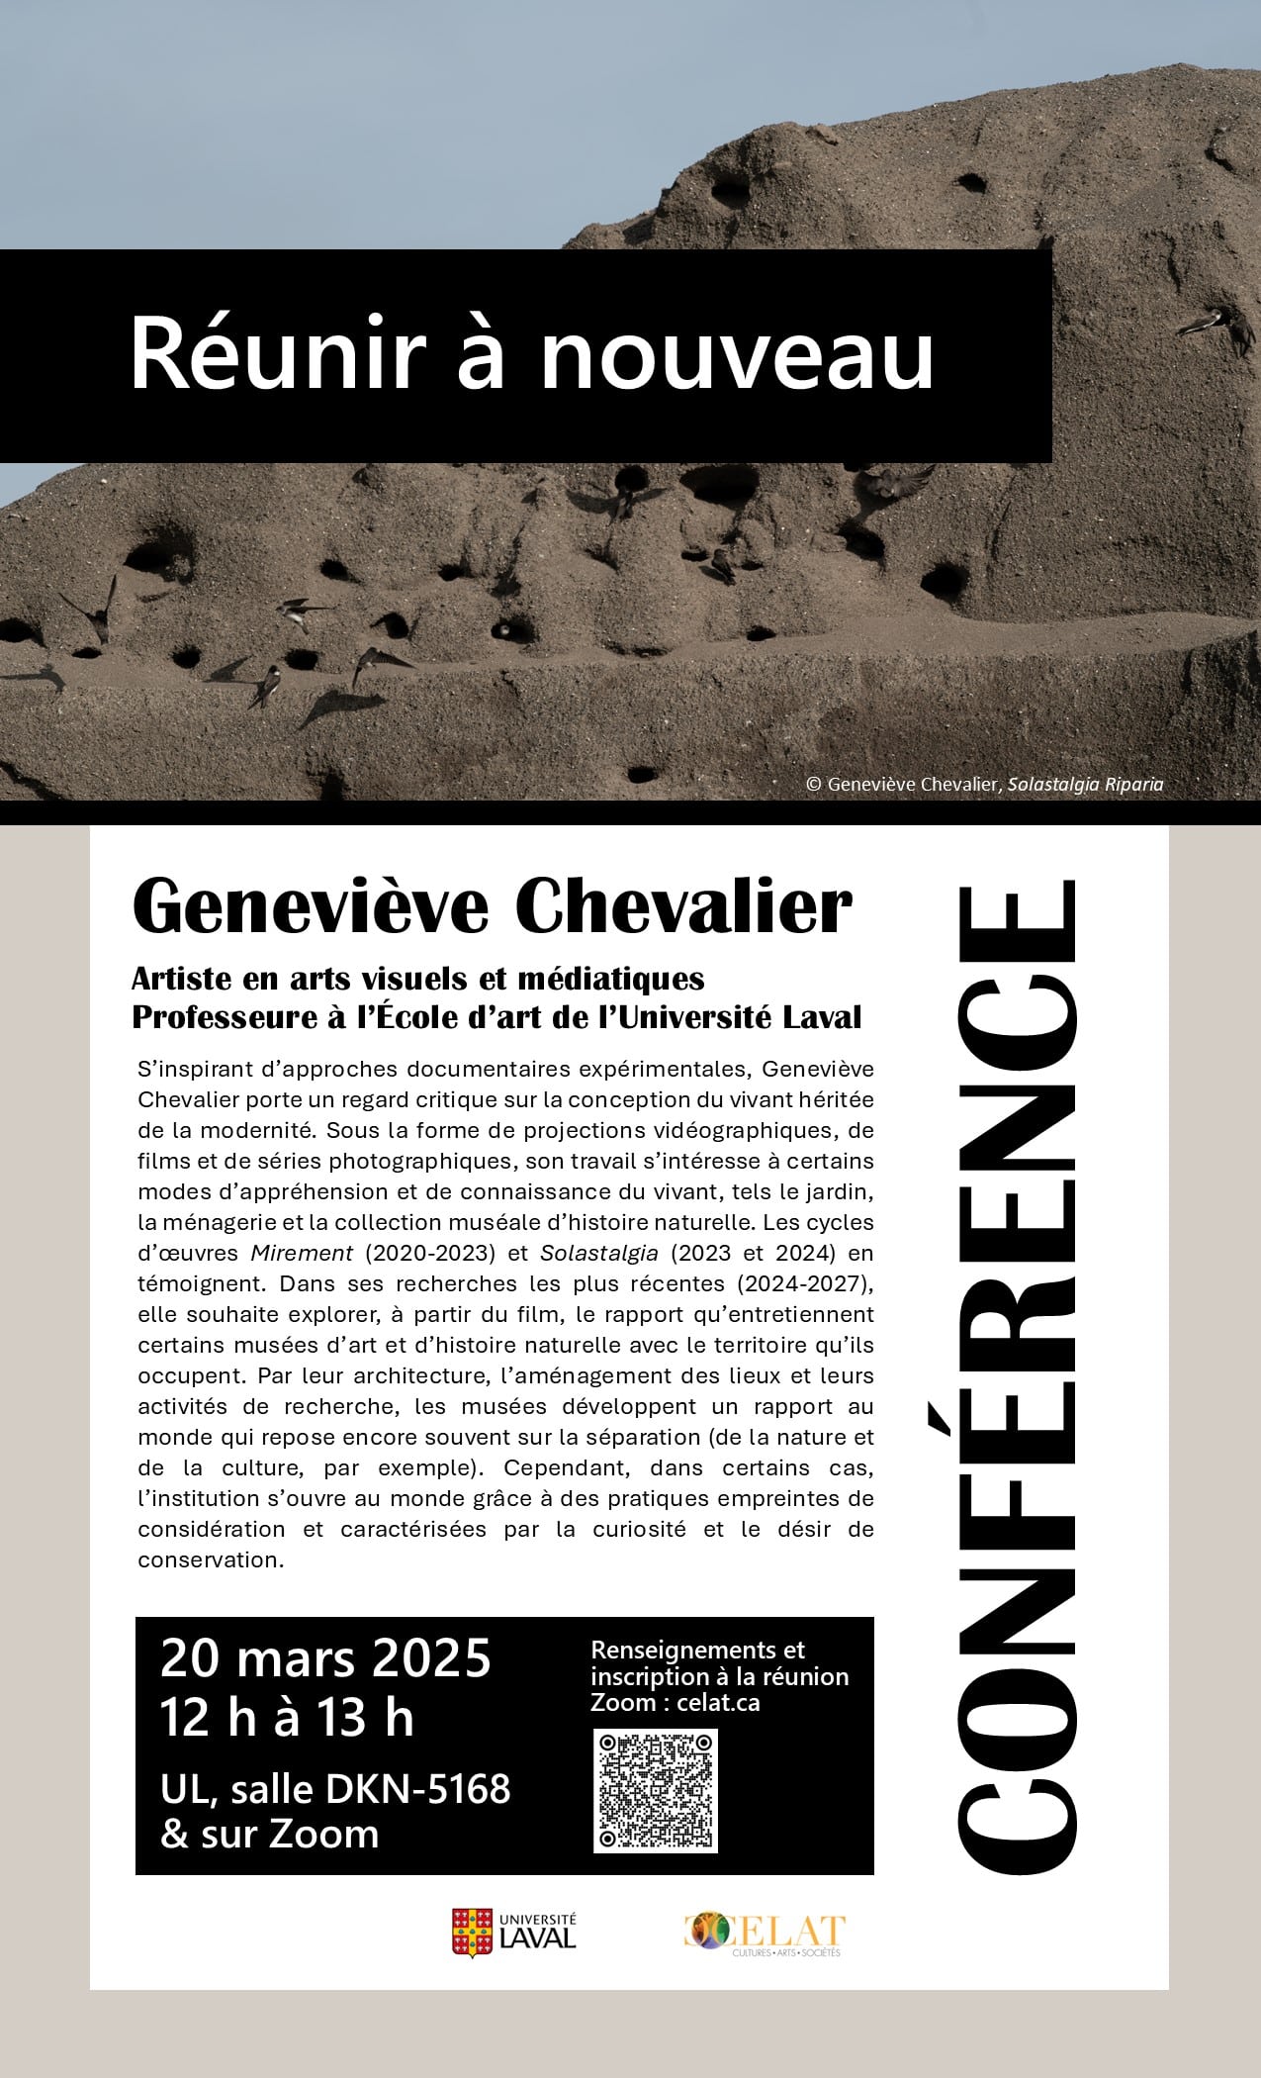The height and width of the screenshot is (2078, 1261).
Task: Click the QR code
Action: (655, 1790)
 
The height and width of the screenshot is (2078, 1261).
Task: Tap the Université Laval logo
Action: (513, 1932)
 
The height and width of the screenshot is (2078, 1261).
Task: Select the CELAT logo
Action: (765, 1934)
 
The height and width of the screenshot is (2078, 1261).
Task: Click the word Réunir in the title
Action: (277, 354)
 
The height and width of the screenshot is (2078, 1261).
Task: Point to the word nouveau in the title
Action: (737, 354)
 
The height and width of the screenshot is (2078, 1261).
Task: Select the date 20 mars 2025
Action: (325, 1658)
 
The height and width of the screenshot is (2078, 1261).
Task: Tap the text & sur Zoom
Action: (270, 1834)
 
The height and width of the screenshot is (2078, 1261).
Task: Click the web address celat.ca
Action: (718, 1703)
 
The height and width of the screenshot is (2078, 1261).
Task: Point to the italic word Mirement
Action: (302, 1253)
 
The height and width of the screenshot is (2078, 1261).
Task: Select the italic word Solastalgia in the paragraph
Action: (598, 1253)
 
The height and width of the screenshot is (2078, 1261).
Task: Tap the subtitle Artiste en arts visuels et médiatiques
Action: (417, 979)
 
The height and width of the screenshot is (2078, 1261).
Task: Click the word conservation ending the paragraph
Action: (211, 1559)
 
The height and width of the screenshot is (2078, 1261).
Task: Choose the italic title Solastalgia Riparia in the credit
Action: (1085, 784)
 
